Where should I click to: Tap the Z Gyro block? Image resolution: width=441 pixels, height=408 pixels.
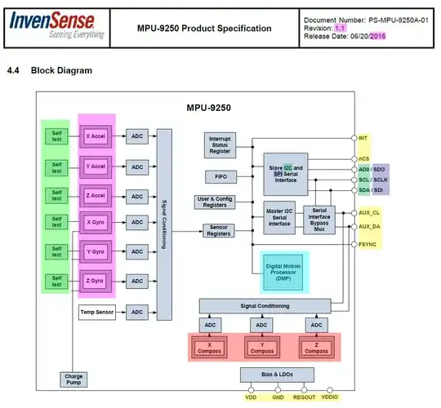point(96,281)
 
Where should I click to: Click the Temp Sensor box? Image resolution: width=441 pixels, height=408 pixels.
point(96,312)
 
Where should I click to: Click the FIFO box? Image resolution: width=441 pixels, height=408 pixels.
point(220,177)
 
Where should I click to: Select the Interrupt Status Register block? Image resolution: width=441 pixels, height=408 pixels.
point(220,145)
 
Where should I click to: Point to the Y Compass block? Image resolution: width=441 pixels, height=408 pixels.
point(261,347)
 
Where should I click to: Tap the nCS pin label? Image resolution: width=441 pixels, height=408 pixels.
point(364,158)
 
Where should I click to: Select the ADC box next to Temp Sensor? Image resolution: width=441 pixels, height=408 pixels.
point(136,312)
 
